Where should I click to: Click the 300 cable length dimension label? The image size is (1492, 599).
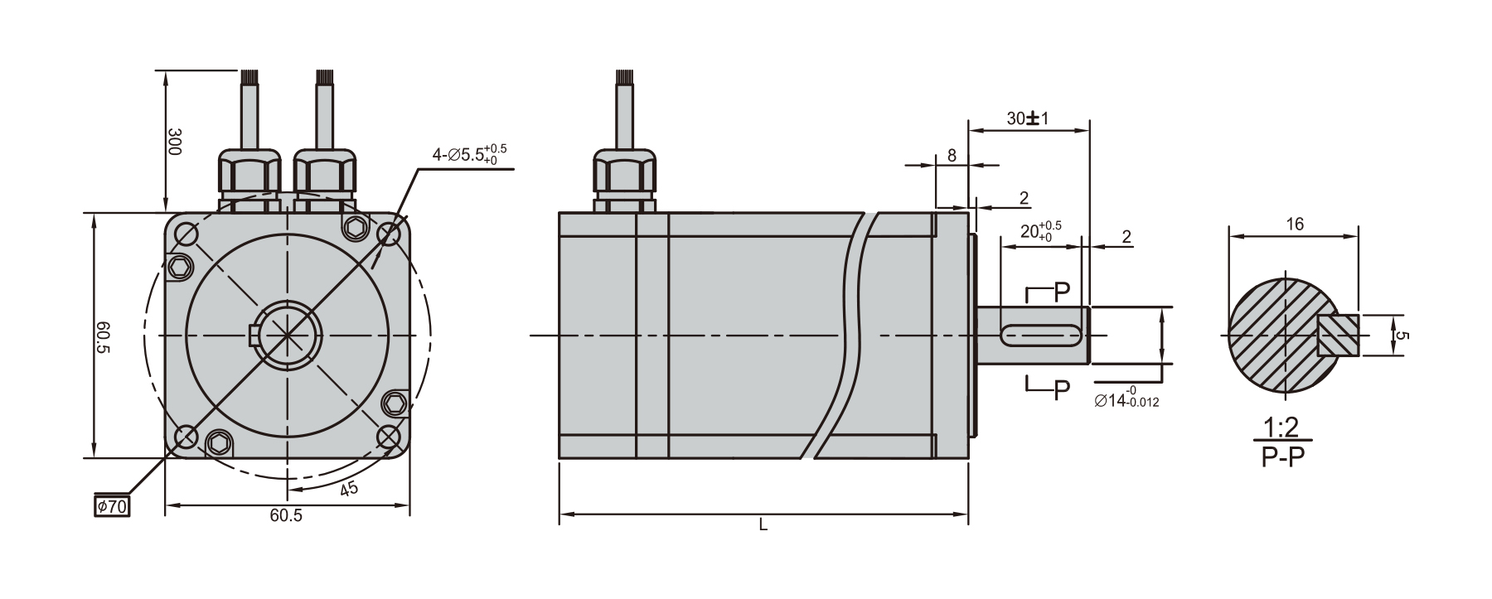pos(174,142)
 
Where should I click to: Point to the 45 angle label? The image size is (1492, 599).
pos(349,489)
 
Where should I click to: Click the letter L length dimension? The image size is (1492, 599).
pos(763,524)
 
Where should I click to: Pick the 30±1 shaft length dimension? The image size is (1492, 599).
pos(1028,118)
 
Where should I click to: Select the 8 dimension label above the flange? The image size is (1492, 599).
pos(952,155)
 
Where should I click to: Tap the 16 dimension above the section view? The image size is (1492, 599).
pos(1295,224)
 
